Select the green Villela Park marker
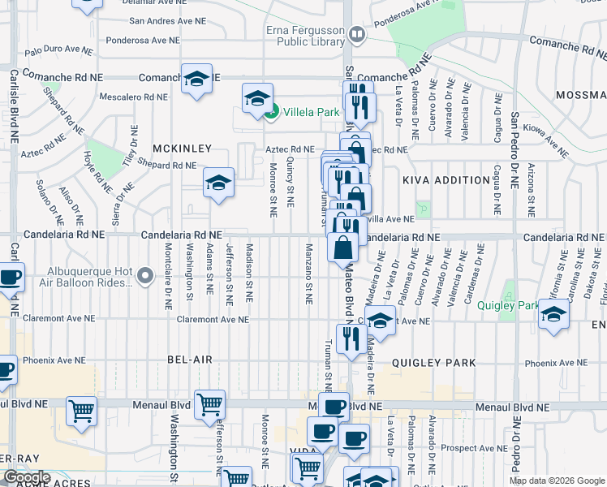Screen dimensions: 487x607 pyautogui.click(x=273, y=112)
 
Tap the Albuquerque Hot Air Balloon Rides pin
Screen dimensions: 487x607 pyautogui.click(x=145, y=277)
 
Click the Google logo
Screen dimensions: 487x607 pyautogui.click(x=27, y=478)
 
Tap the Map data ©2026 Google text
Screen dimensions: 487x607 pyautogui.click(x=556, y=481)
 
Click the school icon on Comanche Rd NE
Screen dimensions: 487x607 pyautogui.click(x=196, y=79)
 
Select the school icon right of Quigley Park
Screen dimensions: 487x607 pyautogui.click(x=554, y=314)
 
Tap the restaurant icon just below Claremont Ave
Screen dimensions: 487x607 pyautogui.click(x=351, y=338)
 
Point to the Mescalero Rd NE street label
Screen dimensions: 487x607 pyautogui.click(x=133, y=96)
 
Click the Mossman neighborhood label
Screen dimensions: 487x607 pyautogui.click(x=581, y=95)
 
